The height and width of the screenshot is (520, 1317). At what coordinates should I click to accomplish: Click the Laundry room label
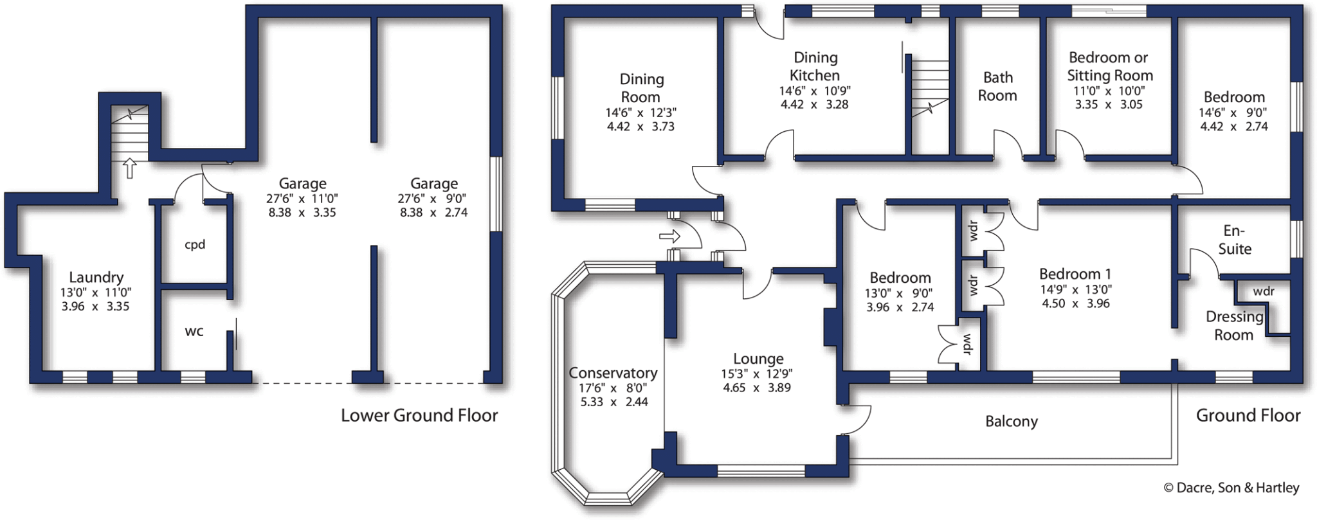click(96, 278)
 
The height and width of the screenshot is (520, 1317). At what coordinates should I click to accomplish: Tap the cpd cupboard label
click(195, 245)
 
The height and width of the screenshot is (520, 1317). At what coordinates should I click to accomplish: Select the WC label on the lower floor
click(194, 332)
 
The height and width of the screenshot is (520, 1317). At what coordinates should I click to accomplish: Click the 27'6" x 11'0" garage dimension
click(302, 199)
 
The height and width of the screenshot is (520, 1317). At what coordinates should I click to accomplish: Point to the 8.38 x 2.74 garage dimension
click(433, 213)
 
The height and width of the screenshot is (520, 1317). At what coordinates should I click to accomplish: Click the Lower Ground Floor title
click(419, 416)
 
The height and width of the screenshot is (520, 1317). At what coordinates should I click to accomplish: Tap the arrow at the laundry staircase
click(130, 168)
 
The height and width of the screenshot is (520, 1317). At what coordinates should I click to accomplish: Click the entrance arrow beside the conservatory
click(669, 237)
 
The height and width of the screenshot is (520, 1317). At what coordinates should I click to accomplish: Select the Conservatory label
click(613, 373)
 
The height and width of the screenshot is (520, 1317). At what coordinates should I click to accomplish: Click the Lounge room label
click(758, 359)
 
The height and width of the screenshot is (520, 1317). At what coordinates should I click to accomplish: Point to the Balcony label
click(1012, 422)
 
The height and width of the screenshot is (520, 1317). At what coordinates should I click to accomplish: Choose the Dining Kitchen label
click(815, 66)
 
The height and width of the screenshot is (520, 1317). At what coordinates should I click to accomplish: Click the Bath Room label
click(997, 87)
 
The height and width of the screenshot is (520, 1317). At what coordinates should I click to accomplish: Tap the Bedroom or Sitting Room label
click(1109, 66)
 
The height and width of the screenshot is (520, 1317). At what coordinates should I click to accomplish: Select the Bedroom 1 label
click(1075, 274)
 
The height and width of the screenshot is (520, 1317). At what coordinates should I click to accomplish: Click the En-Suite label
click(1235, 240)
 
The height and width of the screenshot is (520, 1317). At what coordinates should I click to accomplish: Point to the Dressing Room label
click(1233, 326)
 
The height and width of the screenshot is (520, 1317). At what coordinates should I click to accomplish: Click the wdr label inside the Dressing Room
click(1264, 292)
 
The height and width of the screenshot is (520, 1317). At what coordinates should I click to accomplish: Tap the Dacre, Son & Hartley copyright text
click(1231, 489)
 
